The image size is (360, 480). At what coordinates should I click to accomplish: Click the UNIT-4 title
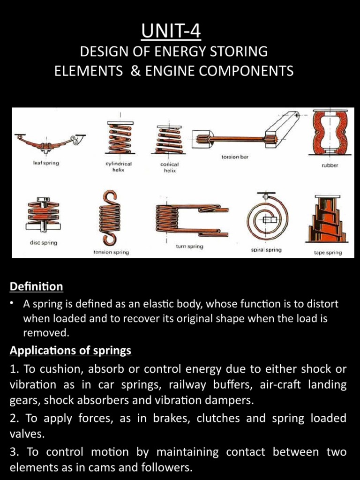point(180,33)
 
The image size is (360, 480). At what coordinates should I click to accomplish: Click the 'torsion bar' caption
point(235,157)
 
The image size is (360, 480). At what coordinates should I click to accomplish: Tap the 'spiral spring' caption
point(266,250)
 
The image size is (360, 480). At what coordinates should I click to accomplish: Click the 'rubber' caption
point(329,165)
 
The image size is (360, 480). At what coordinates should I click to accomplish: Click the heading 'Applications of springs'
point(70,351)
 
